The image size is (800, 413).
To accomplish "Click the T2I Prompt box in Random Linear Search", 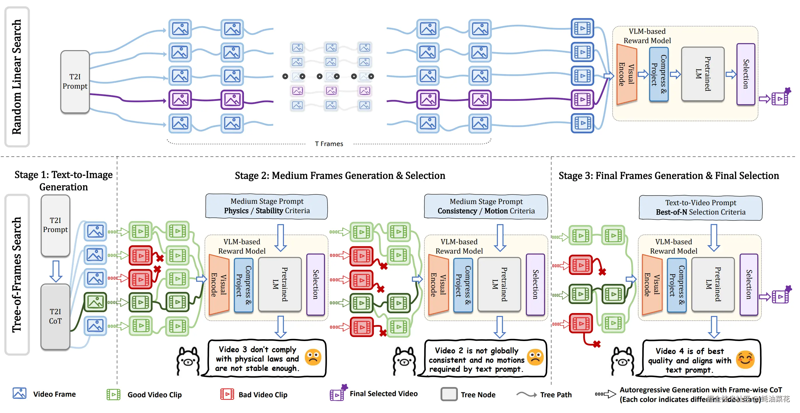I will click(75, 81).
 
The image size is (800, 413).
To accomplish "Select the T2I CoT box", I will click(55, 316).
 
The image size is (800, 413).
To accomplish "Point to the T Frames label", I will click(329, 144).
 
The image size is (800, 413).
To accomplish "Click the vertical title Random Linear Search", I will click(17, 77).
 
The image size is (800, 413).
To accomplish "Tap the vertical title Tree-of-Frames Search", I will click(17, 275).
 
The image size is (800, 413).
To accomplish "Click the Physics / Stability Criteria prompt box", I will click(266, 206).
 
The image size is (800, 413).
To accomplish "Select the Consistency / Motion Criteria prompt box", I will click(486, 206).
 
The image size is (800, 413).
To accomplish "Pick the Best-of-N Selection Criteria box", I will click(700, 208).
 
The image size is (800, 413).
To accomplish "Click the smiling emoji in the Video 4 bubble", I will click(745, 360).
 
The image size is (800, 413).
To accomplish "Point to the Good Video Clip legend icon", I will click(113, 394).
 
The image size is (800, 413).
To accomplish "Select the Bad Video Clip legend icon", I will click(227, 394).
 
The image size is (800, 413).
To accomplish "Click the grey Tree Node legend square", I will click(449, 394).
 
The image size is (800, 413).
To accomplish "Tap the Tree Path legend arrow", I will click(526, 394).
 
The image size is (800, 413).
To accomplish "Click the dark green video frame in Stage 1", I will click(95, 302).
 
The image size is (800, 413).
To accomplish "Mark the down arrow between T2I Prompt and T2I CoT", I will click(56, 271).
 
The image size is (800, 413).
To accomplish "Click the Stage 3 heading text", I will click(669, 176).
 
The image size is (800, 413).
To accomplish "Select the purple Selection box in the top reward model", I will click(746, 74).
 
